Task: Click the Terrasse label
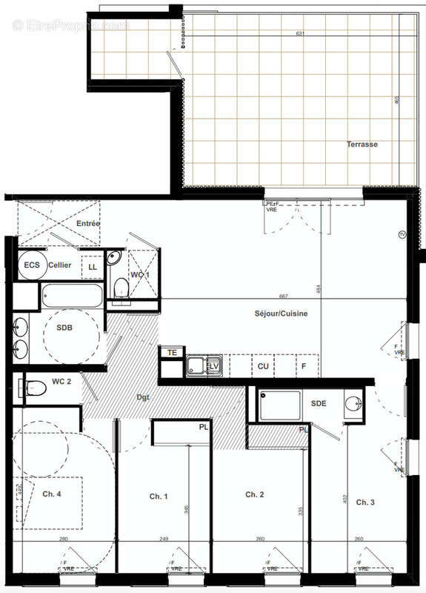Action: point(362,145)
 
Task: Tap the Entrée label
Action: point(87,223)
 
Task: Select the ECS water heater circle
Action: point(32,265)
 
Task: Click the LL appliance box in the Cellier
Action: point(93,267)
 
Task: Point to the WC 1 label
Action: point(140,275)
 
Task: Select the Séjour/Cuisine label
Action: point(281,314)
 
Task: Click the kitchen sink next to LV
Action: point(198,365)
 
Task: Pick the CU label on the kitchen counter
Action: point(263,365)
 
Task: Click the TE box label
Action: point(172,353)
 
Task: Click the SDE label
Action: point(319,403)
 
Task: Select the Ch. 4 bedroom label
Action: point(52,494)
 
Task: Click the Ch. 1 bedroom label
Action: point(159,496)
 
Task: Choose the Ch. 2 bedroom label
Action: point(255,494)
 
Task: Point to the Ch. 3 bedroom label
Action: point(365,503)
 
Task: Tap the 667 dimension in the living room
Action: point(284,296)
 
